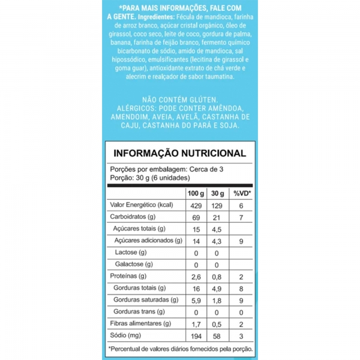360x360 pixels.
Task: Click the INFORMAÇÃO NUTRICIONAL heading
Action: pyautogui.click(x=180, y=153)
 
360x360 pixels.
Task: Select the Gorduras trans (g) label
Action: pyautogui.click(x=139, y=311)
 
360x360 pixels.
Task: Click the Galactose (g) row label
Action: pyautogui.click(x=133, y=264)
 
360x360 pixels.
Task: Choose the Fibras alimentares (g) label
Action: pyautogui.click(x=142, y=323)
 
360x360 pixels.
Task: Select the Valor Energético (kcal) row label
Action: pyautogui.click(x=142, y=205)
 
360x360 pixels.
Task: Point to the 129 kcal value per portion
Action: pyautogui.click(x=219, y=205)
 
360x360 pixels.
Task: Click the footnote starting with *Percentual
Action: pyautogui.click(x=180, y=349)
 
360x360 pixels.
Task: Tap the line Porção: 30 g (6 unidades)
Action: pyautogui.click(x=149, y=178)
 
